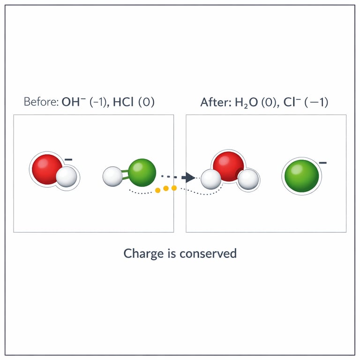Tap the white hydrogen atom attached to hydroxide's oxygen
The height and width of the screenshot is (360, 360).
pyautogui.click(x=66, y=177)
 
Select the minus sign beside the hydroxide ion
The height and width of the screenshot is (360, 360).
pyautogui.click(x=68, y=160)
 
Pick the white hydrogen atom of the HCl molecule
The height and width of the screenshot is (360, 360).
pyautogui.click(x=112, y=176)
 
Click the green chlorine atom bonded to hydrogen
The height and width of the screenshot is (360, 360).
pyautogui.click(x=142, y=172)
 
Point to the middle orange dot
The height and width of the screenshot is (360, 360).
pyautogui.click(x=166, y=188)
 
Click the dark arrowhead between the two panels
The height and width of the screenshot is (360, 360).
pyautogui.click(x=188, y=177)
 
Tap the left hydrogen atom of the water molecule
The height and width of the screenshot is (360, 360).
pyautogui.click(x=211, y=180)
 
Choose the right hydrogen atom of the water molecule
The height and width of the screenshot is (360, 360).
pyautogui.click(x=247, y=180)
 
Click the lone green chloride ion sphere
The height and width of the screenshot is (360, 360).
pyautogui.click(x=300, y=176)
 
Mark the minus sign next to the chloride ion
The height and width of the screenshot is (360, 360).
pyautogui.click(x=322, y=163)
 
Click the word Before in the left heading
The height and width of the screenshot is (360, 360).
pyautogui.click(x=40, y=102)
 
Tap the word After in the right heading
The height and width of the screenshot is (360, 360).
pyautogui.click(x=212, y=102)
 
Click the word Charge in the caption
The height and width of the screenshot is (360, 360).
pyautogui.click(x=140, y=254)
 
